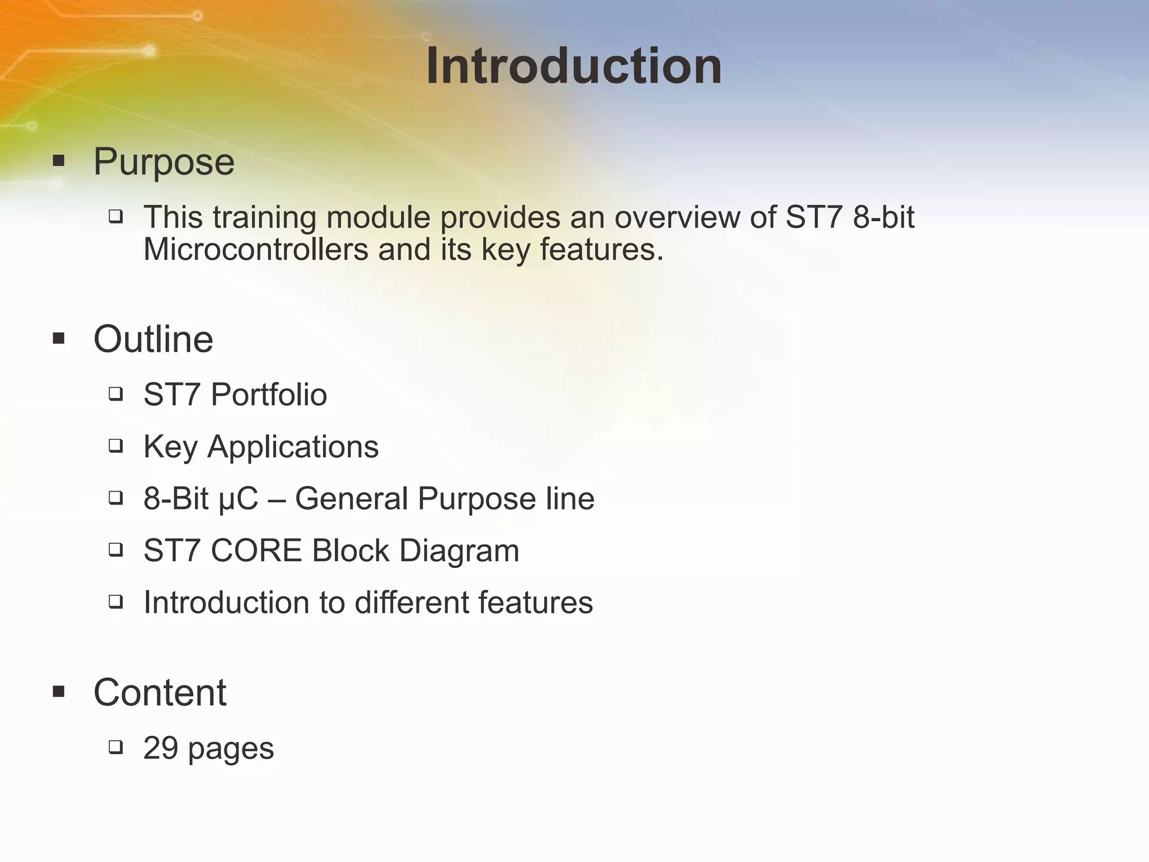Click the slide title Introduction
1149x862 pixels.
(x=574, y=66)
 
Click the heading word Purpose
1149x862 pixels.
(x=164, y=162)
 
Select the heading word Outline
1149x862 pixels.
(x=153, y=340)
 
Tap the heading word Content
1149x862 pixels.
(x=160, y=693)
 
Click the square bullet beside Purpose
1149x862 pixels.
(x=58, y=162)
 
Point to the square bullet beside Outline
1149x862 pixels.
(x=58, y=339)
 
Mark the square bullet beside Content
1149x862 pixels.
(x=58, y=691)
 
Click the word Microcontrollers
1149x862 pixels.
(x=256, y=250)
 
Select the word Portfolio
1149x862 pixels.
(x=269, y=395)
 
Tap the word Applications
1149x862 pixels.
(x=293, y=447)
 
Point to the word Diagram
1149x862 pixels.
(x=459, y=551)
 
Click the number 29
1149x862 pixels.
(x=161, y=748)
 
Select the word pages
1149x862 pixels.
(x=231, y=749)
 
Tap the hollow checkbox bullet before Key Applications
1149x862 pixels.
(x=116, y=446)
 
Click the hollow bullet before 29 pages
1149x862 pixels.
(x=116, y=748)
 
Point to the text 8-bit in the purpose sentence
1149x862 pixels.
(x=884, y=217)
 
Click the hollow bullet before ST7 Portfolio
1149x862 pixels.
(x=116, y=394)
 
